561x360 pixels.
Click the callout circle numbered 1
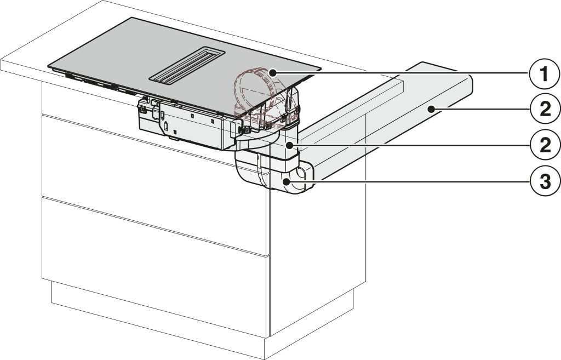(544, 75)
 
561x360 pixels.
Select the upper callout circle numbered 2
(545, 110)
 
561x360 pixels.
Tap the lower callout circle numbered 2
(545, 145)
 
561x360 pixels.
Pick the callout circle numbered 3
(545, 182)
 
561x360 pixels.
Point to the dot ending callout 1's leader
(273, 73)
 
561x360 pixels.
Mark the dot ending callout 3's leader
(286, 182)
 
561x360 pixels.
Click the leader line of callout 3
(408, 182)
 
